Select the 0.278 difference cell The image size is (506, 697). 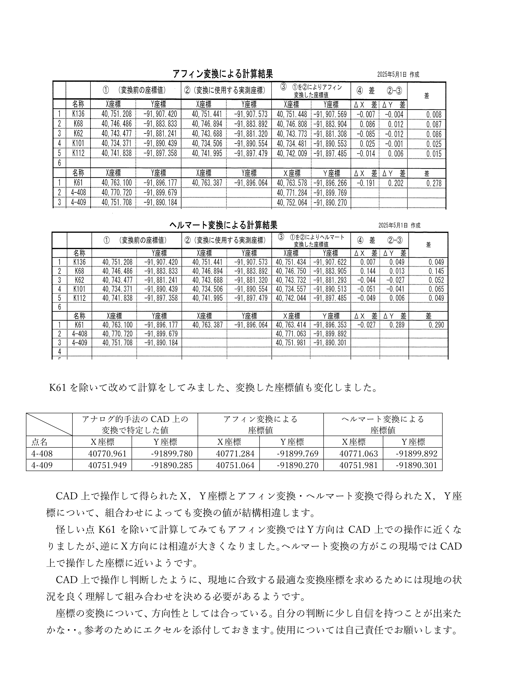(x=434, y=183)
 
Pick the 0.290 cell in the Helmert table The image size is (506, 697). (x=436, y=325)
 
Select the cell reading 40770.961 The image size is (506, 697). (x=107, y=453)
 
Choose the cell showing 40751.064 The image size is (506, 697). (x=235, y=465)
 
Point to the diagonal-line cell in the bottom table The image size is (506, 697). (x=49, y=424)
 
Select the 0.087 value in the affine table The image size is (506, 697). (x=434, y=124)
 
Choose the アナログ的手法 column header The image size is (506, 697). (x=135, y=424)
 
